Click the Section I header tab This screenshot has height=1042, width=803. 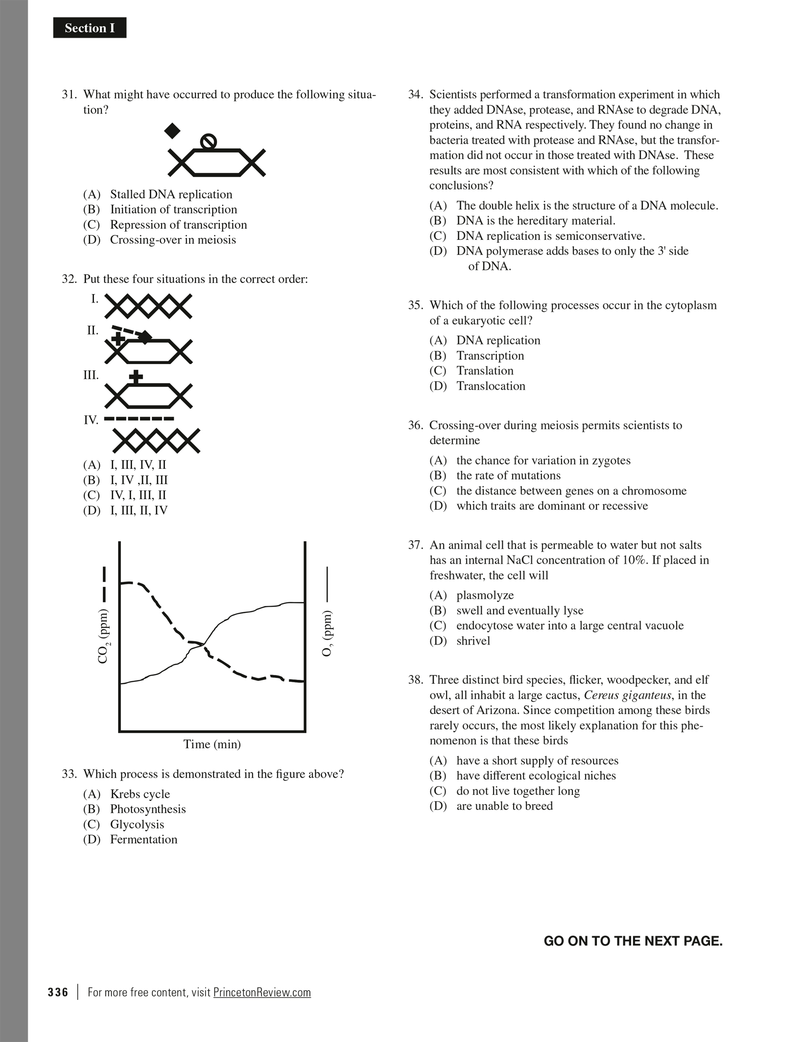click(x=90, y=28)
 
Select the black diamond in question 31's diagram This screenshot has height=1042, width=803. click(x=172, y=131)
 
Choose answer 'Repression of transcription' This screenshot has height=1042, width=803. click(x=178, y=225)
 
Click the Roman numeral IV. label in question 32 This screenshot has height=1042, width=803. click(x=91, y=420)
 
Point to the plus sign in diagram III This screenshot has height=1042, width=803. click(x=136, y=377)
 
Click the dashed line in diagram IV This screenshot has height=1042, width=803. click(x=140, y=419)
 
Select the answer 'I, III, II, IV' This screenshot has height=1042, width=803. click(x=139, y=510)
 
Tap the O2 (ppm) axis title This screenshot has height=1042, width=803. click(x=328, y=634)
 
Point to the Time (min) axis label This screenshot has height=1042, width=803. click(x=212, y=744)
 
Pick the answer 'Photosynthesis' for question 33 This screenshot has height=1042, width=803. click(x=148, y=809)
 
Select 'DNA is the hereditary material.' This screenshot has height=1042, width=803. click(x=536, y=221)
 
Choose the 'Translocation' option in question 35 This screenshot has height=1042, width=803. click(x=491, y=386)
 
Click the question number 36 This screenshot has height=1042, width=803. click(x=415, y=425)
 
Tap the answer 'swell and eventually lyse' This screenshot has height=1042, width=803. click(x=520, y=611)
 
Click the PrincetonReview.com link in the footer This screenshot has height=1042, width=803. click(x=262, y=993)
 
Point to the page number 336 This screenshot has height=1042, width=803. click(x=58, y=993)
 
